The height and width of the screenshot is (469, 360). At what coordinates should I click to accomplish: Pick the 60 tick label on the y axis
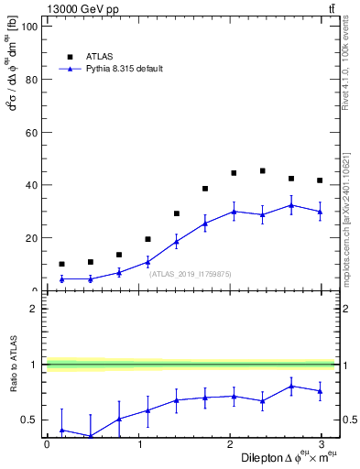click(35, 133)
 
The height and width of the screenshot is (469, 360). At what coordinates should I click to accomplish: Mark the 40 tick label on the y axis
click(35, 185)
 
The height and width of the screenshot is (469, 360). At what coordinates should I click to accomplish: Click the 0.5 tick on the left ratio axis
click(33, 420)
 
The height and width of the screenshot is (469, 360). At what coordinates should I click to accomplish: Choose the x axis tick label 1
click(138, 444)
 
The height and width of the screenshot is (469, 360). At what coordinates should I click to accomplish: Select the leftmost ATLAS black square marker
click(61, 264)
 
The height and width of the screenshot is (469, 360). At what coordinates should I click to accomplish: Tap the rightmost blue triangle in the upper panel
click(320, 212)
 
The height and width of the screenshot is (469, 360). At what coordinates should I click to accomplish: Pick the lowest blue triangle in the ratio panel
click(90, 436)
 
